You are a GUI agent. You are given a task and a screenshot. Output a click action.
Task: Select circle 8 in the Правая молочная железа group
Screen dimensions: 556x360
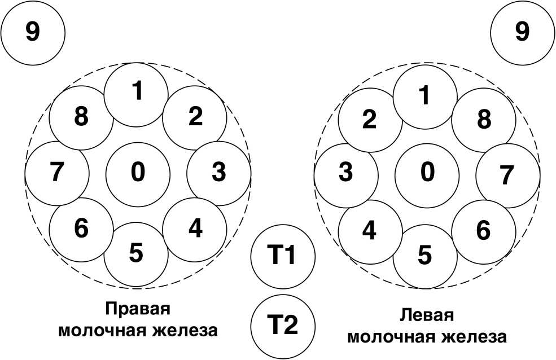81,118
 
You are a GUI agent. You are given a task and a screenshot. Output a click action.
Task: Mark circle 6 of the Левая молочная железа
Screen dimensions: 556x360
484,231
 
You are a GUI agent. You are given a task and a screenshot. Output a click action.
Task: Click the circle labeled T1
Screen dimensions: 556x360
282,257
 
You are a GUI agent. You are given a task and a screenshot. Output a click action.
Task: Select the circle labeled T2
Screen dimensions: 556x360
282,326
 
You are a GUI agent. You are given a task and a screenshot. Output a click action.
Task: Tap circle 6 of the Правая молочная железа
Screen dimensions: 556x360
81,229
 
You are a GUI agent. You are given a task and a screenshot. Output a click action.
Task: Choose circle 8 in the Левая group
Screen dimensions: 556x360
484,120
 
